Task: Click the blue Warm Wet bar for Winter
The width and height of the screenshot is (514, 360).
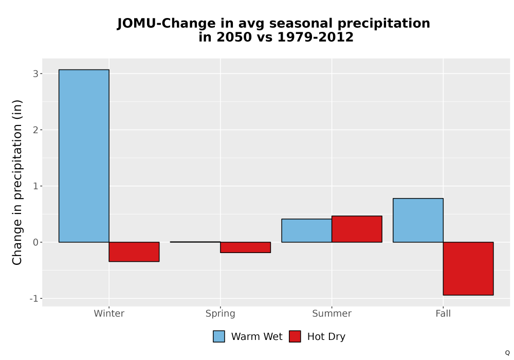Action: (x=84, y=156)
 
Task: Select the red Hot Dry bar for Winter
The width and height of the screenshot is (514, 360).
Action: (x=134, y=252)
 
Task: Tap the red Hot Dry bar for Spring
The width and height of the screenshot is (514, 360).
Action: (x=246, y=247)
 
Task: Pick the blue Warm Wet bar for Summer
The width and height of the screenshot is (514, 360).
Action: (x=306, y=230)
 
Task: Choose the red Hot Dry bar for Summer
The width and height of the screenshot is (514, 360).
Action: (x=357, y=229)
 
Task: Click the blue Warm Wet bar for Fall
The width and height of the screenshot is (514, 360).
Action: (x=418, y=220)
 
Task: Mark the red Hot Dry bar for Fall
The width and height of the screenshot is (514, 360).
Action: (x=468, y=269)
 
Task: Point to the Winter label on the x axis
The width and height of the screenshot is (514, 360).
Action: (x=109, y=314)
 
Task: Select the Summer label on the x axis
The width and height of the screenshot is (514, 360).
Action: (x=332, y=314)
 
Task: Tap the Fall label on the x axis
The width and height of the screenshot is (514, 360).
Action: (x=443, y=314)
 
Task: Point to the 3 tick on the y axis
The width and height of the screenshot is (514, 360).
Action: (x=36, y=74)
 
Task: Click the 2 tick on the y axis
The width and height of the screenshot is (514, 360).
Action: (x=36, y=130)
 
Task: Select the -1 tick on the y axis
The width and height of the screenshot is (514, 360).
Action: (x=34, y=299)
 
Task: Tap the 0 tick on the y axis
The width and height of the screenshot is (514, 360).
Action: (x=36, y=242)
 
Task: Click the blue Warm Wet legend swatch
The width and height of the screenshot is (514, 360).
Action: (x=219, y=336)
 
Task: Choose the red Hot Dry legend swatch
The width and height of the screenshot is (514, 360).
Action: (x=295, y=336)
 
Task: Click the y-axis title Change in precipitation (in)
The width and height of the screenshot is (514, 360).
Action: (x=17, y=182)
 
